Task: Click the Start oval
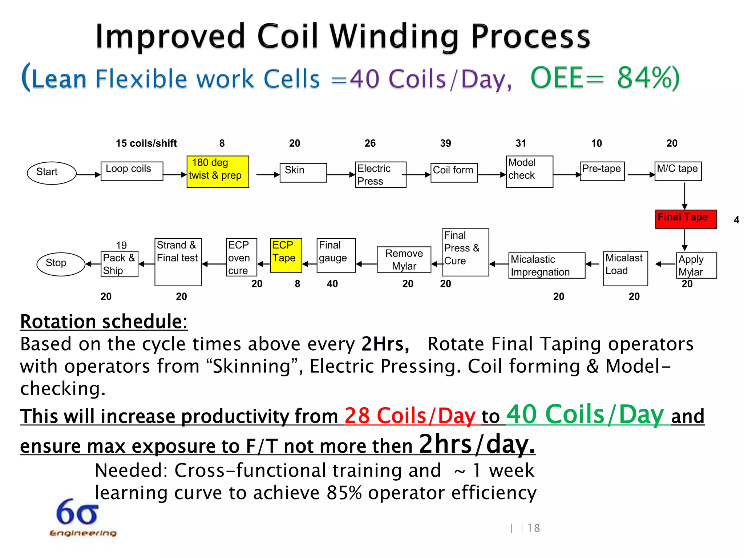click(x=52, y=173)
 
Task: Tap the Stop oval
click(x=61, y=264)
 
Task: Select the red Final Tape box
click(x=686, y=219)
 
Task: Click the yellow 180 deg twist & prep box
click(x=218, y=171)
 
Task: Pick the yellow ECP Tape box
click(x=286, y=255)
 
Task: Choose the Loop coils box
click(x=132, y=171)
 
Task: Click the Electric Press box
click(x=380, y=175)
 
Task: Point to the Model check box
click(x=529, y=171)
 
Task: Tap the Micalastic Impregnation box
click(x=546, y=266)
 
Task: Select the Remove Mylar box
click(x=404, y=259)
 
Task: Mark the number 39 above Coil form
click(x=445, y=143)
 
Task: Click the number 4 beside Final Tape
click(x=736, y=220)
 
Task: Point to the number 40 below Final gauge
click(x=332, y=284)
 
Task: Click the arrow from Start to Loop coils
click(x=88, y=175)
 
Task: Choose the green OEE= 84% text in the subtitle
click(x=604, y=78)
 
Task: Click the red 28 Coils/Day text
click(x=410, y=416)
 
